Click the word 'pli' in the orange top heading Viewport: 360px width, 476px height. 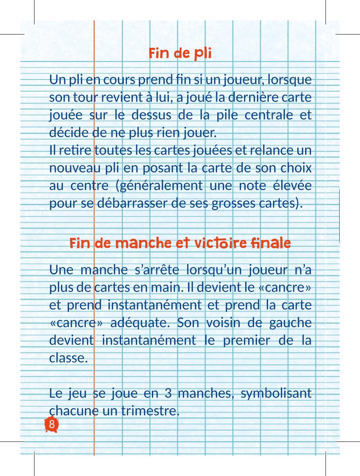(x=202, y=53)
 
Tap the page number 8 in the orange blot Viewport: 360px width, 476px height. (x=52, y=425)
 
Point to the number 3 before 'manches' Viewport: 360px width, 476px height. (x=168, y=393)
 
